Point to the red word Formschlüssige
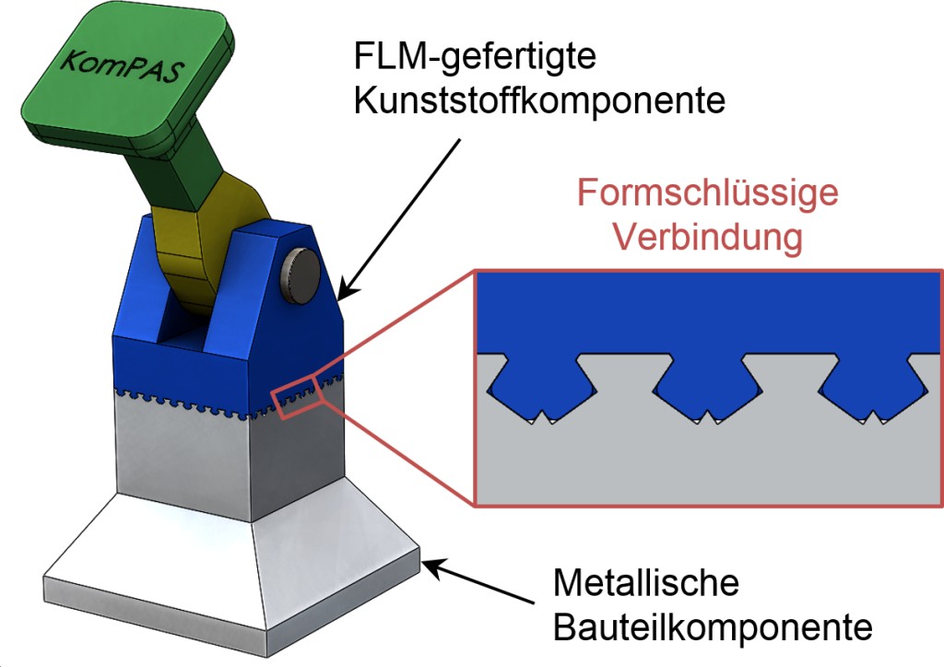(x=707, y=194)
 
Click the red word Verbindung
(x=707, y=237)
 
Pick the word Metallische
(x=645, y=584)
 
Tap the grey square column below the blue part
(x=230, y=461)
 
